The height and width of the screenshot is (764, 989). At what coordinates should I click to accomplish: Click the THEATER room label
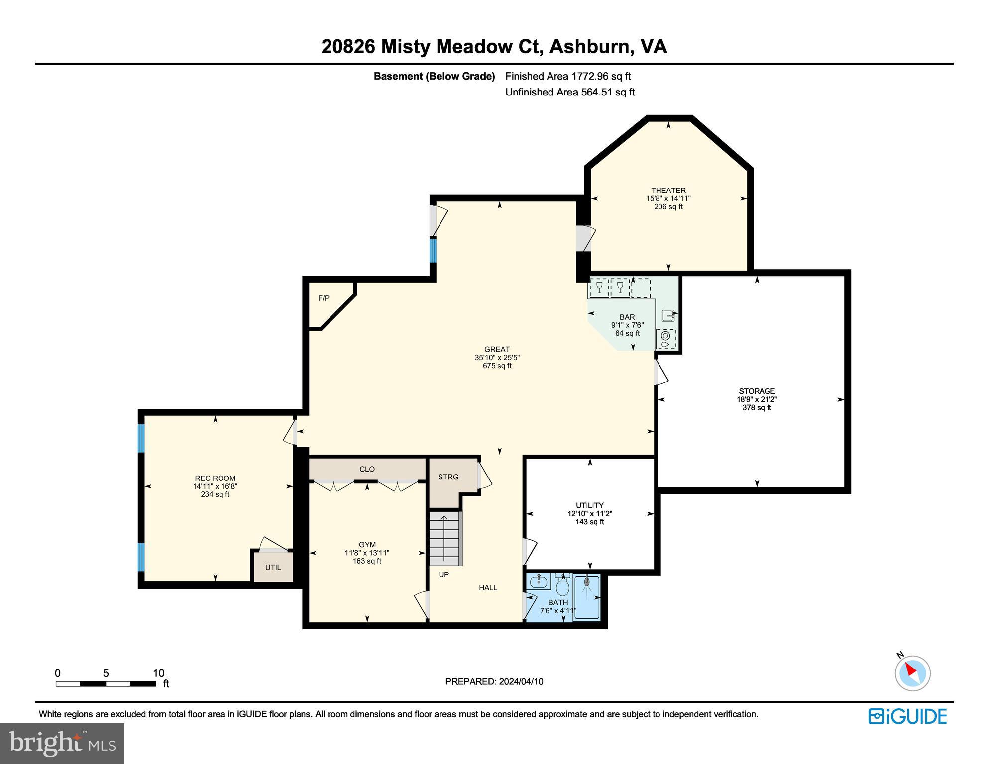668,191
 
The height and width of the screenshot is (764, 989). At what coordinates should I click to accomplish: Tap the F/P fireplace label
324,298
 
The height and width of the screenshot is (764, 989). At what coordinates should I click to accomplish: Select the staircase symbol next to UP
445,539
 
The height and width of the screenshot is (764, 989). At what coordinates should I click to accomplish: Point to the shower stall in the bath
587,597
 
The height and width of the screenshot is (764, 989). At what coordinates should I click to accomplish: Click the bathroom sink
538,582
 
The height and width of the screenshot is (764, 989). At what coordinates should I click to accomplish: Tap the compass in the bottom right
912,673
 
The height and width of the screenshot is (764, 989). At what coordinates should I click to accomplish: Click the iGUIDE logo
907,716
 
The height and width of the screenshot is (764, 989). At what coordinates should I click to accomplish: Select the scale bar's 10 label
158,673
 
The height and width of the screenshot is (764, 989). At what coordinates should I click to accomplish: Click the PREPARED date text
494,682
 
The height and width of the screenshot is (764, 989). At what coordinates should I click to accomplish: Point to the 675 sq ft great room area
497,366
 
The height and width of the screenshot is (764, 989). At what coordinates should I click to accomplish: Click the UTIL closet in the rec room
273,567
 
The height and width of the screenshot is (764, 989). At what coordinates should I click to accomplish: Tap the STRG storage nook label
448,477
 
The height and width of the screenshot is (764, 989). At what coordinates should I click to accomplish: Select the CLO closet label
367,469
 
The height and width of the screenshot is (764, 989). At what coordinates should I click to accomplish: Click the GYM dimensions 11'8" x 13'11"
367,553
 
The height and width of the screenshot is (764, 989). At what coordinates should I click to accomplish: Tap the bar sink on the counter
667,315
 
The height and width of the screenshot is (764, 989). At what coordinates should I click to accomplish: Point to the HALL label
488,588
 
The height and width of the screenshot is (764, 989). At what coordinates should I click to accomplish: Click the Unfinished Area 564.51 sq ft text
570,92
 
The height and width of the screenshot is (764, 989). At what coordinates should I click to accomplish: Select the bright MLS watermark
62,743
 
